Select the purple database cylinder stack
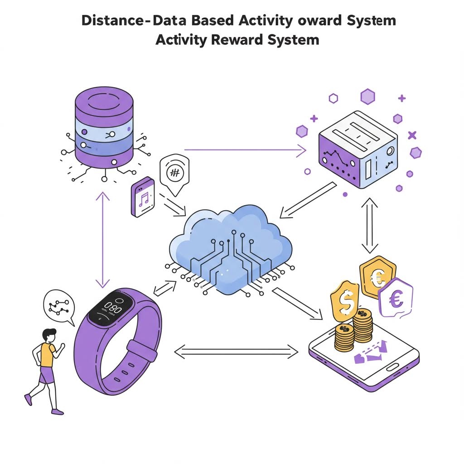click(x=104, y=129)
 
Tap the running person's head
click(x=49, y=336)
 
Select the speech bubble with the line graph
click(x=58, y=306)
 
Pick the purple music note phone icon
click(x=143, y=197)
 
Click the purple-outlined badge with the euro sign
click(x=396, y=297)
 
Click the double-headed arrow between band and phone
click(x=236, y=350)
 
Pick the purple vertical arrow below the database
click(x=103, y=240)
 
